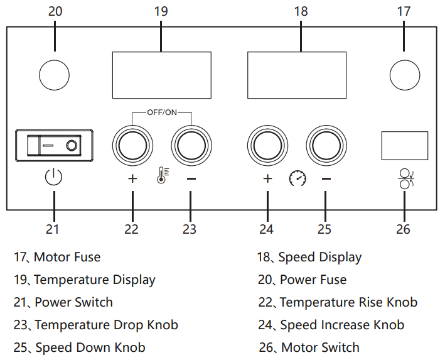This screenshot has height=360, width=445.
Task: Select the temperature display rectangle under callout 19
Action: pyautogui.click(x=161, y=74)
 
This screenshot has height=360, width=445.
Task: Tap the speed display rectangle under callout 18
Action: pyautogui.click(x=297, y=74)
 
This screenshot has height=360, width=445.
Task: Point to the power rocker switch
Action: pyautogui.click(x=55, y=146)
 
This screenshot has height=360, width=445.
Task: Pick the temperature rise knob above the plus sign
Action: pyautogui.click(x=132, y=146)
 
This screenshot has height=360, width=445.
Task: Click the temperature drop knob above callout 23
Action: pyautogui.click(x=191, y=146)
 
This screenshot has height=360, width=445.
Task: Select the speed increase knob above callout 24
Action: pyautogui.click(x=267, y=146)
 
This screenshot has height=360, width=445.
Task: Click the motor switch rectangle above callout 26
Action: pyautogui.click(x=405, y=146)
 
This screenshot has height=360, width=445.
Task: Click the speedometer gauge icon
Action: pyautogui.click(x=297, y=179)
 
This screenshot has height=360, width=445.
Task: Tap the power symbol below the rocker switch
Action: pyautogui.click(x=54, y=178)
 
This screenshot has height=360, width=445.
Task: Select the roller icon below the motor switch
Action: pyautogui.click(x=405, y=178)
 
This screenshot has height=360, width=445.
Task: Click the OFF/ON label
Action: pyautogui.click(x=162, y=112)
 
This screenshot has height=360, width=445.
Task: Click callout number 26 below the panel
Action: pyautogui.click(x=404, y=229)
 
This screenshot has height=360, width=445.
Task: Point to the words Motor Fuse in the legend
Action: pyautogui.click(x=67, y=256)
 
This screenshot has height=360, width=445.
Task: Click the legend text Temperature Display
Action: pyautogui.click(x=94, y=280)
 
